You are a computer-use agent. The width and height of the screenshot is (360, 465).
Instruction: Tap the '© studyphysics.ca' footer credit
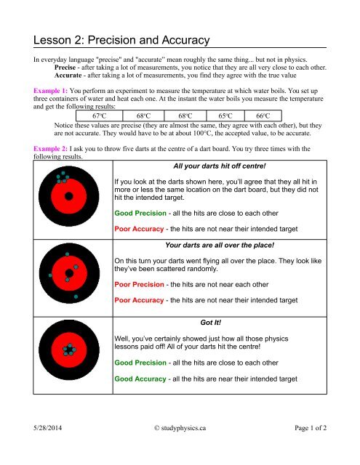(x=180, y=449)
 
